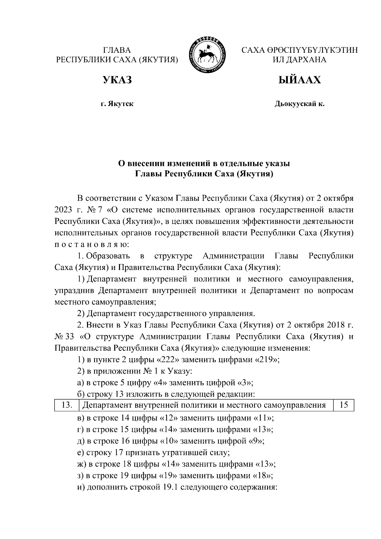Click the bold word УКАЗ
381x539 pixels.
[117, 80]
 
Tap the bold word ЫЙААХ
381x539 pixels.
[299, 80]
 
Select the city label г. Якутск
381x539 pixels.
[117, 104]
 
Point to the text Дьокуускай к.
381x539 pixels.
[299, 104]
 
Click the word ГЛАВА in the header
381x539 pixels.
[117, 50]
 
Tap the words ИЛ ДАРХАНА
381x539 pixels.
[299, 59]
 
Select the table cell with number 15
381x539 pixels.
[344, 405]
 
